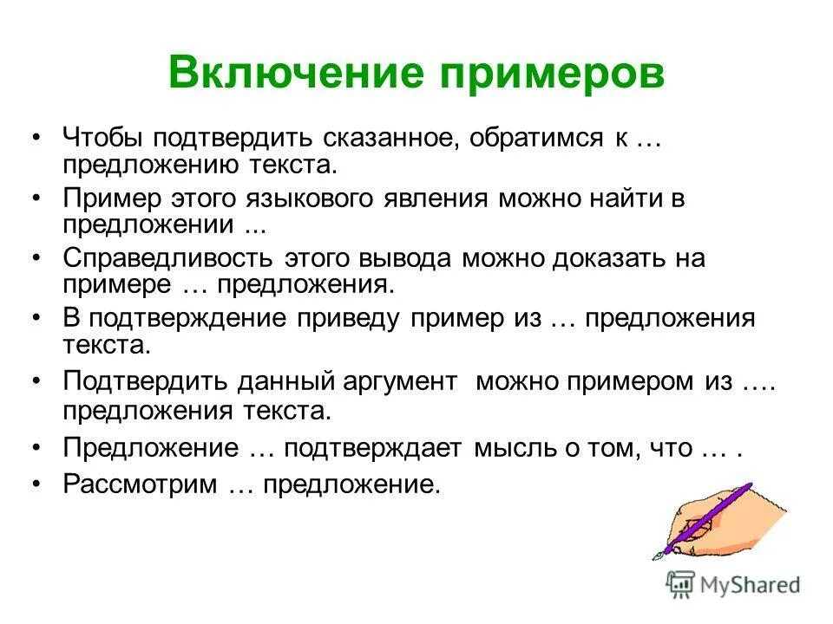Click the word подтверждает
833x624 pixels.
coord(376,448)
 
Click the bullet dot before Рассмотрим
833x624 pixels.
coord(36,484)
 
